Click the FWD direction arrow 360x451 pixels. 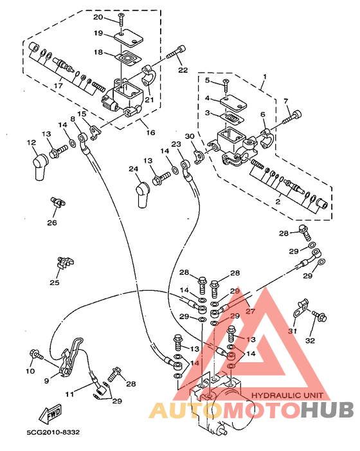(x=50, y=414)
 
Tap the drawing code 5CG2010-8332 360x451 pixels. (x=53, y=432)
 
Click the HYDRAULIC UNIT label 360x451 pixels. (x=287, y=396)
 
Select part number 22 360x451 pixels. (x=183, y=70)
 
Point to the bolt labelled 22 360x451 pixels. (x=176, y=51)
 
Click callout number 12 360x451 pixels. (x=32, y=142)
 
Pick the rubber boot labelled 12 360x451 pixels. (x=40, y=167)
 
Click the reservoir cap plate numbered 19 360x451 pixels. (x=128, y=40)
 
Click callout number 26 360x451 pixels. (x=52, y=223)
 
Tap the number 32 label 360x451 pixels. (x=310, y=340)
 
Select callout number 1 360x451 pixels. (x=265, y=77)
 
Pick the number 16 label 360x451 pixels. (x=150, y=133)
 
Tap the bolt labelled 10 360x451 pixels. (x=36, y=354)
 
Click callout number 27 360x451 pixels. (x=251, y=311)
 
